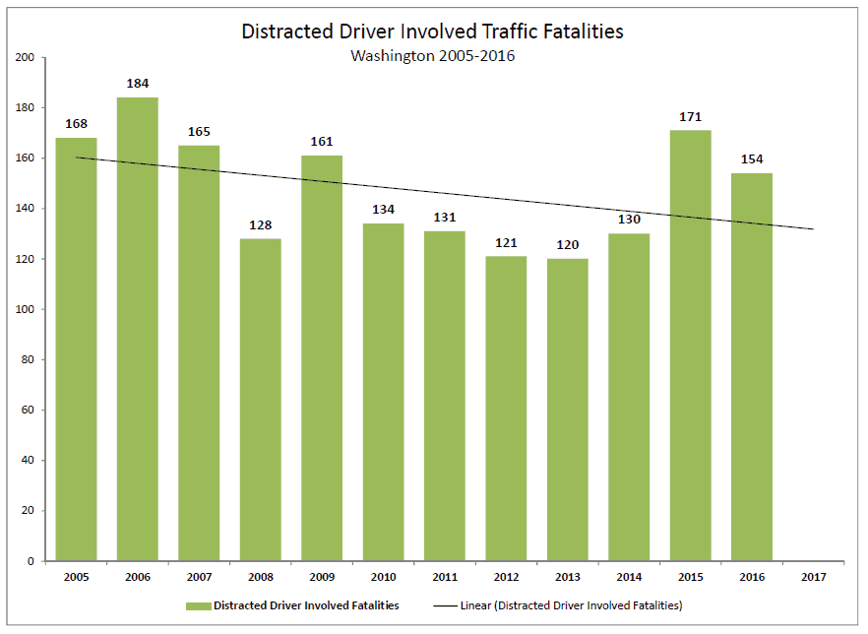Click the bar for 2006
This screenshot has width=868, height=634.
(x=138, y=329)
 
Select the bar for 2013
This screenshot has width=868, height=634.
(x=568, y=410)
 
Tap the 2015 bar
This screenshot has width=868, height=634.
(x=690, y=346)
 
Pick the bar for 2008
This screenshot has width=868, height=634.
(x=261, y=400)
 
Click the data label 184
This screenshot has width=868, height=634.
(x=138, y=84)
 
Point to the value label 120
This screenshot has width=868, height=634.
(x=568, y=245)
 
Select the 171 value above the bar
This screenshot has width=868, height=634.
(x=690, y=117)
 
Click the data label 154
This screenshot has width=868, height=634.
(x=751, y=159)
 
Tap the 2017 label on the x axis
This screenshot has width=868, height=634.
(x=813, y=577)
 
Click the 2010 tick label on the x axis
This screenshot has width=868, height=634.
(x=383, y=577)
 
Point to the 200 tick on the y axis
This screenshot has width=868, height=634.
(x=26, y=58)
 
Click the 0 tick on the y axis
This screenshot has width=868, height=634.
(x=31, y=561)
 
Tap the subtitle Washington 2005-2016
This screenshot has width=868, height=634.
(x=433, y=56)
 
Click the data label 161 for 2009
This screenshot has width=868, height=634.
(x=322, y=142)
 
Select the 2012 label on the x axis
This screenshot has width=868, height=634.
(x=506, y=577)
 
